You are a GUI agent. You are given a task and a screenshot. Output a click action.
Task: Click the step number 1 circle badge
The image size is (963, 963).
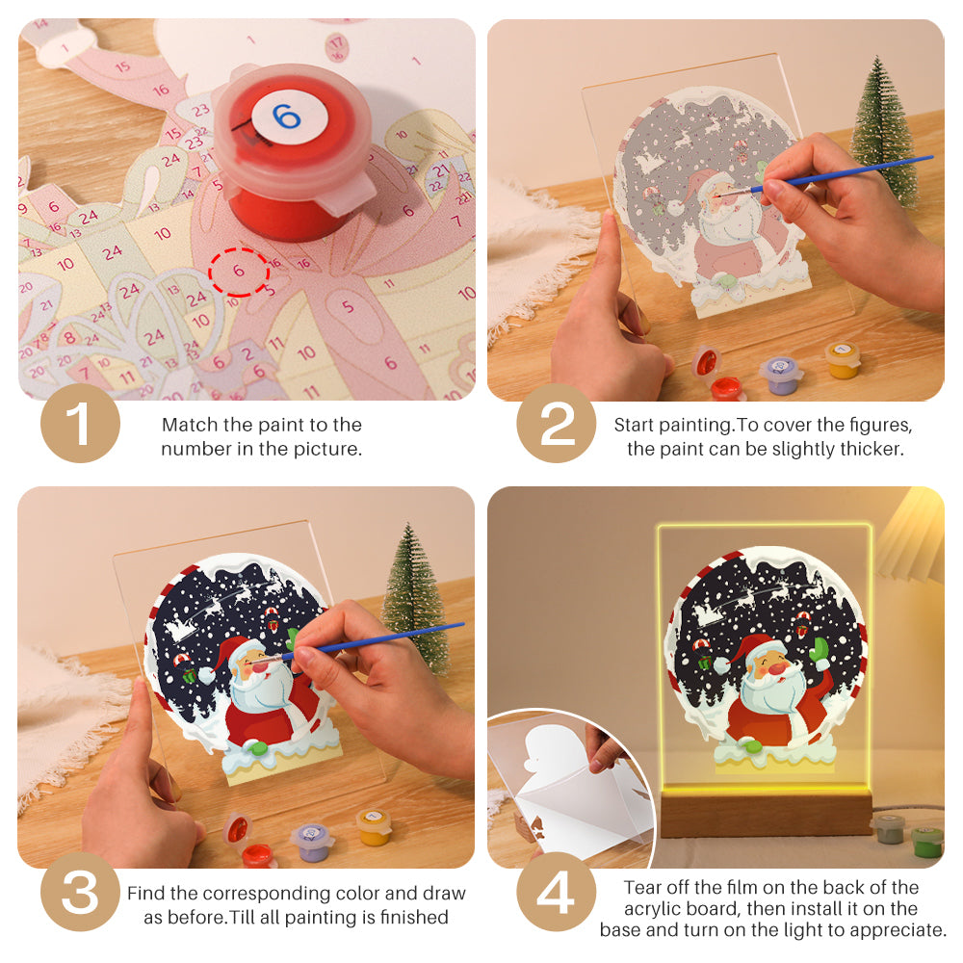coord(80,424)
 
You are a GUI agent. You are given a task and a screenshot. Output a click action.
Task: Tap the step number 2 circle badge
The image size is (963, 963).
coord(557,424)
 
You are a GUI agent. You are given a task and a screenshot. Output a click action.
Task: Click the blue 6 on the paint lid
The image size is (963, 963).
coord(286,117)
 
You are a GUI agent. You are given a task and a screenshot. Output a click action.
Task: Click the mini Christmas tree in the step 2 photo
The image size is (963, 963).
coord(883,130)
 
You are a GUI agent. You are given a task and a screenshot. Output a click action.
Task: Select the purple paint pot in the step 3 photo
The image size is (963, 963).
coord(312,841)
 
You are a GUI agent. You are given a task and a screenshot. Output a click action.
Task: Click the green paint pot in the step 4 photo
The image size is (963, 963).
coord(926,840)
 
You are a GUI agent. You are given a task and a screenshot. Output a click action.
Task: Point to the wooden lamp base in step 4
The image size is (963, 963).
coord(766,814)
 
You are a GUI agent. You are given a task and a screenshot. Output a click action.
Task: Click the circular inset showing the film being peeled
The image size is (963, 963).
coord(568,790)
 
